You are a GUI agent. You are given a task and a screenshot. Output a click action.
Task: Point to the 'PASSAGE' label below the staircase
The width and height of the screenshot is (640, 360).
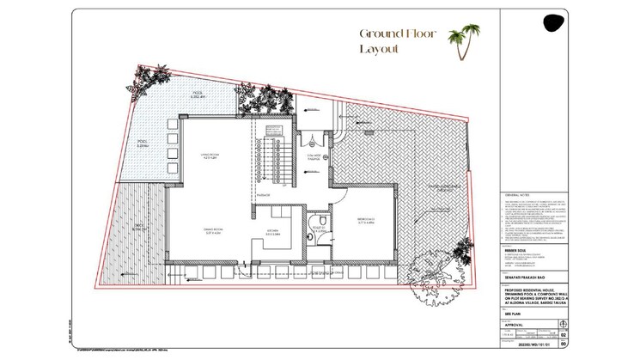(263, 195)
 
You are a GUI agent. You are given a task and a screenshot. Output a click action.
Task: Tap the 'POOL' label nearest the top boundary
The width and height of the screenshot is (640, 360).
(198, 95)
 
